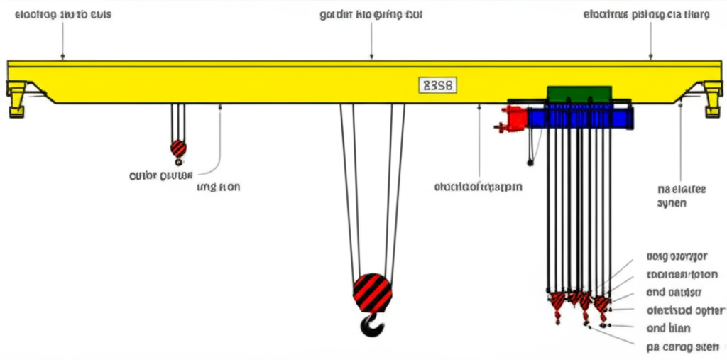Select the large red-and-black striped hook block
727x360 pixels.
[372, 292]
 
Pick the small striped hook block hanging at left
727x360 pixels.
[178, 148]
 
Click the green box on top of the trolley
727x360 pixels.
[579, 95]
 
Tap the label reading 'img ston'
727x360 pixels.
[219, 187]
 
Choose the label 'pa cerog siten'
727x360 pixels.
[682, 348]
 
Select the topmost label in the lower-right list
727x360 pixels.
[686, 256]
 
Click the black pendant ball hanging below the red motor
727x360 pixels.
[530, 163]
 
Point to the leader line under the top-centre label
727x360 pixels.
[371, 39]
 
